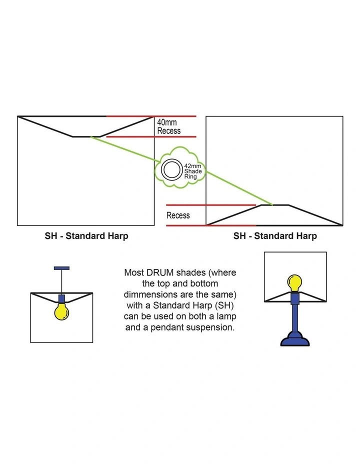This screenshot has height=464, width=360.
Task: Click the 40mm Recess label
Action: (168, 126)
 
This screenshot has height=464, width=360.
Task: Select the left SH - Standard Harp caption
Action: (86, 236)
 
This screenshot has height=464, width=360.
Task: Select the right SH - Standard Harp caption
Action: (275, 236)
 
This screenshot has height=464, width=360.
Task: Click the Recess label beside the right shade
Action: (178, 215)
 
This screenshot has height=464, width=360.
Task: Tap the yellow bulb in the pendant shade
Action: (62, 311)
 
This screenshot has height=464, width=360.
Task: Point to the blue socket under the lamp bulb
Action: (295, 298)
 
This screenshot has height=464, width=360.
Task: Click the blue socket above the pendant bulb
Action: (62, 298)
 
